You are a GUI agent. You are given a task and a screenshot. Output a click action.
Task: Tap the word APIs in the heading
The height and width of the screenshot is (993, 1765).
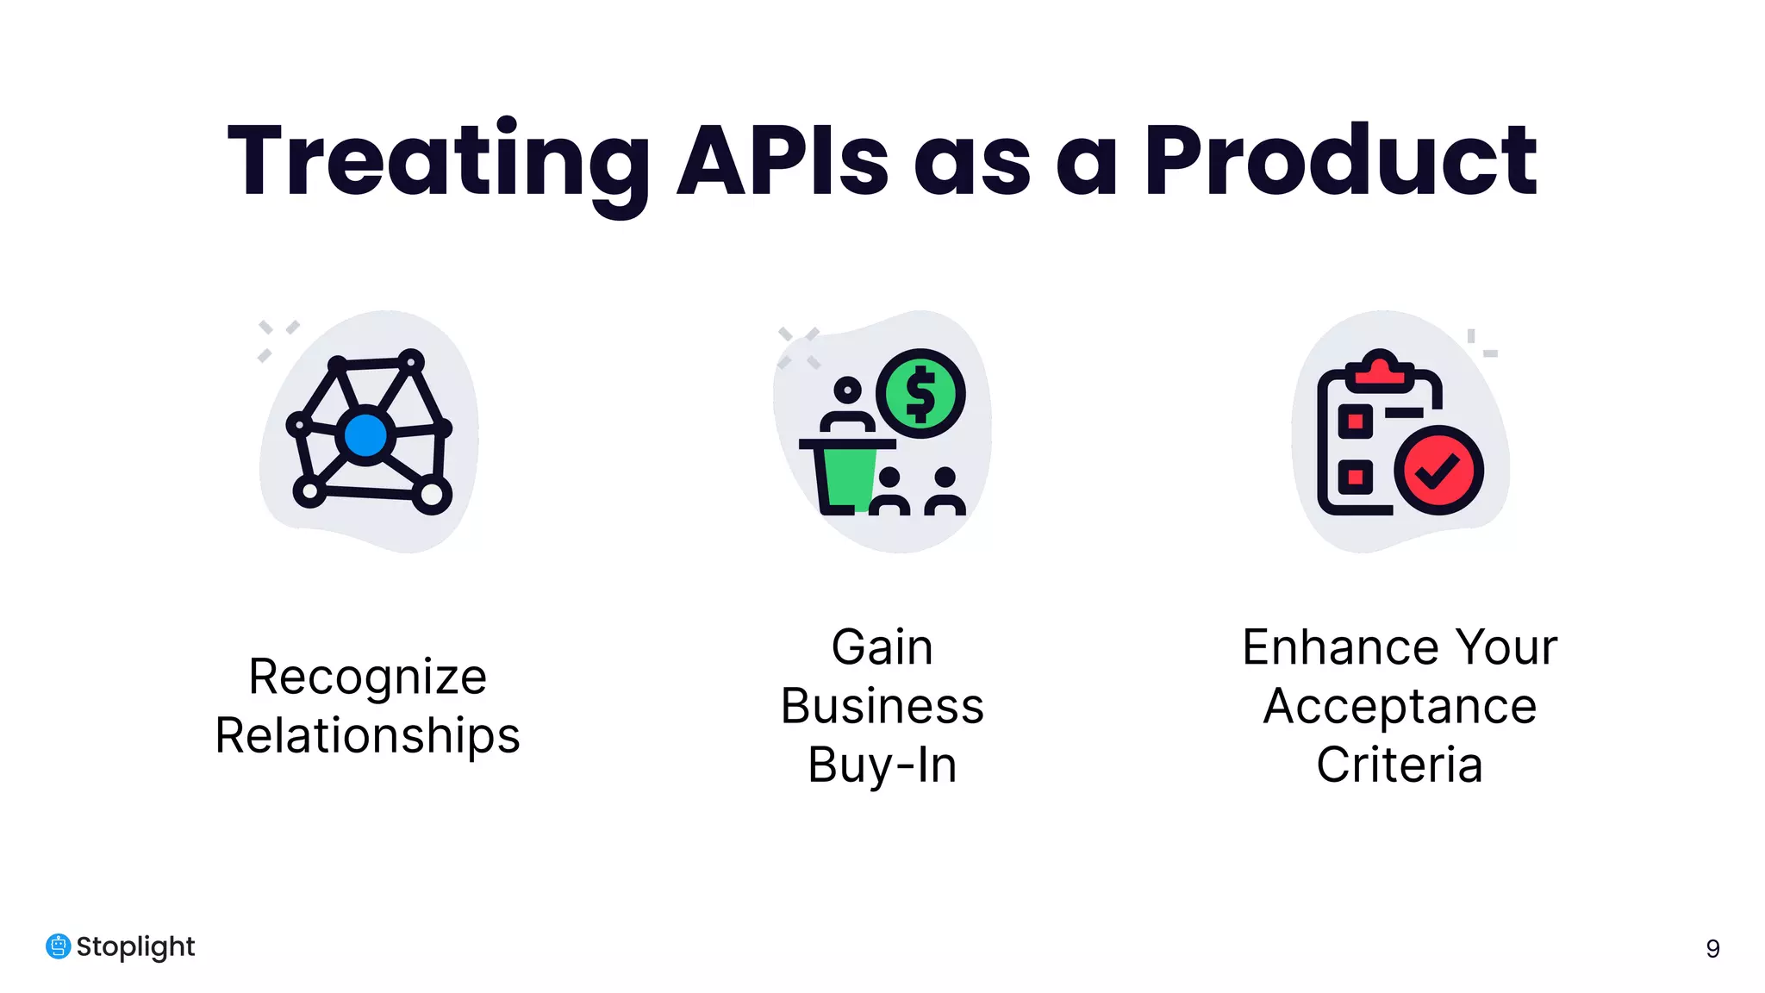pyautogui.click(x=782, y=162)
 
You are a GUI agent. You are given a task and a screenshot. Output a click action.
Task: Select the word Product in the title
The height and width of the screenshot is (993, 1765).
pyautogui.click(x=1340, y=162)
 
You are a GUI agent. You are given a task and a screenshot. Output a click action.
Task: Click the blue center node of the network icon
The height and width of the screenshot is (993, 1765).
pyautogui.click(x=365, y=435)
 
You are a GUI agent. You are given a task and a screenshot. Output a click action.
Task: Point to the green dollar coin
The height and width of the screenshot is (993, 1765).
pyautogui.click(x=920, y=394)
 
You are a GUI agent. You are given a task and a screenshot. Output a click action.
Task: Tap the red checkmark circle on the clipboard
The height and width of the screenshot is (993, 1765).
pyautogui.click(x=1438, y=471)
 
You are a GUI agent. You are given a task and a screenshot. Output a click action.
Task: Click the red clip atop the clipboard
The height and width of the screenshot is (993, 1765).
pyautogui.click(x=1380, y=369)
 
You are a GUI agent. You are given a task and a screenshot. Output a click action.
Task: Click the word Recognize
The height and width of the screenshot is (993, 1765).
pyautogui.click(x=367, y=677)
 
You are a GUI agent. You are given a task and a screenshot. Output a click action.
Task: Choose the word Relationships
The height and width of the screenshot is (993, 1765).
pyautogui.click(x=367, y=736)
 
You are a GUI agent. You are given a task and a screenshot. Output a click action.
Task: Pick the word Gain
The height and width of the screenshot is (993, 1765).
pyautogui.click(x=882, y=647)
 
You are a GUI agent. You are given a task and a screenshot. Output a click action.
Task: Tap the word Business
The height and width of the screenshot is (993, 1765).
pyautogui.click(x=882, y=707)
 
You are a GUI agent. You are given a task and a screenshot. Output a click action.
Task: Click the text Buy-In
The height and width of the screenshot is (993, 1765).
pyautogui.click(x=882, y=765)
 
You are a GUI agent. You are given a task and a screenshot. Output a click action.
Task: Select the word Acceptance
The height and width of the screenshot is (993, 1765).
pyautogui.click(x=1400, y=707)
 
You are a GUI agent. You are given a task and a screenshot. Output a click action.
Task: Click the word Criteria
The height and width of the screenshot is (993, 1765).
pyautogui.click(x=1400, y=765)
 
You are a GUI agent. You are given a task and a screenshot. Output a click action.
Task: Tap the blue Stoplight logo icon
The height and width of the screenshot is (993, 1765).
pyautogui.click(x=58, y=946)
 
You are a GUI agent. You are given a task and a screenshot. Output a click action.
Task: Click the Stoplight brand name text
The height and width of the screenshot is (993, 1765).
pyautogui.click(x=135, y=946)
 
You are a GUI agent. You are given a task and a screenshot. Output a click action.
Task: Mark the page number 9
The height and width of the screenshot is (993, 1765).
pyautogui.click(x=1712, y=949)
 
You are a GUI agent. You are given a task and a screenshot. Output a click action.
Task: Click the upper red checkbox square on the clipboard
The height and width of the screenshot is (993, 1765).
pyautogui.click(x=1355, y=422)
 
